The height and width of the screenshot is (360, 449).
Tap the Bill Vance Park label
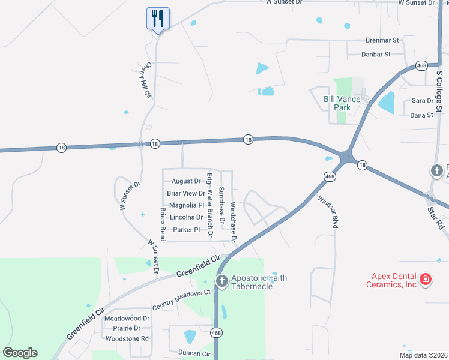tap(342, 103)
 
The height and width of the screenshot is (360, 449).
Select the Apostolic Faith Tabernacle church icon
tap(221, 281)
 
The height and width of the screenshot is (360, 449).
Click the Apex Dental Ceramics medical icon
tap(425, 279)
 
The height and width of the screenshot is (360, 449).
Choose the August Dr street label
tap(186, 181)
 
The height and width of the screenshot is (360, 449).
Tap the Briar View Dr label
tap(186, 193)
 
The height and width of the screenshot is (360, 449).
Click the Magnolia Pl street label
tap(187, 205)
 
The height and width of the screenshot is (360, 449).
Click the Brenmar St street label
tap(382, 40)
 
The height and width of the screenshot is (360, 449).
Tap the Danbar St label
tap(376, 54)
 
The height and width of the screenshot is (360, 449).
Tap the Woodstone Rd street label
tap(127, 338)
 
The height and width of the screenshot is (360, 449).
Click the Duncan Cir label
tap(194, 353)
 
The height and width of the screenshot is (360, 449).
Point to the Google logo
tap(20, 353)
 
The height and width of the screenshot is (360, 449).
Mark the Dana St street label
tap(421, 115)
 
